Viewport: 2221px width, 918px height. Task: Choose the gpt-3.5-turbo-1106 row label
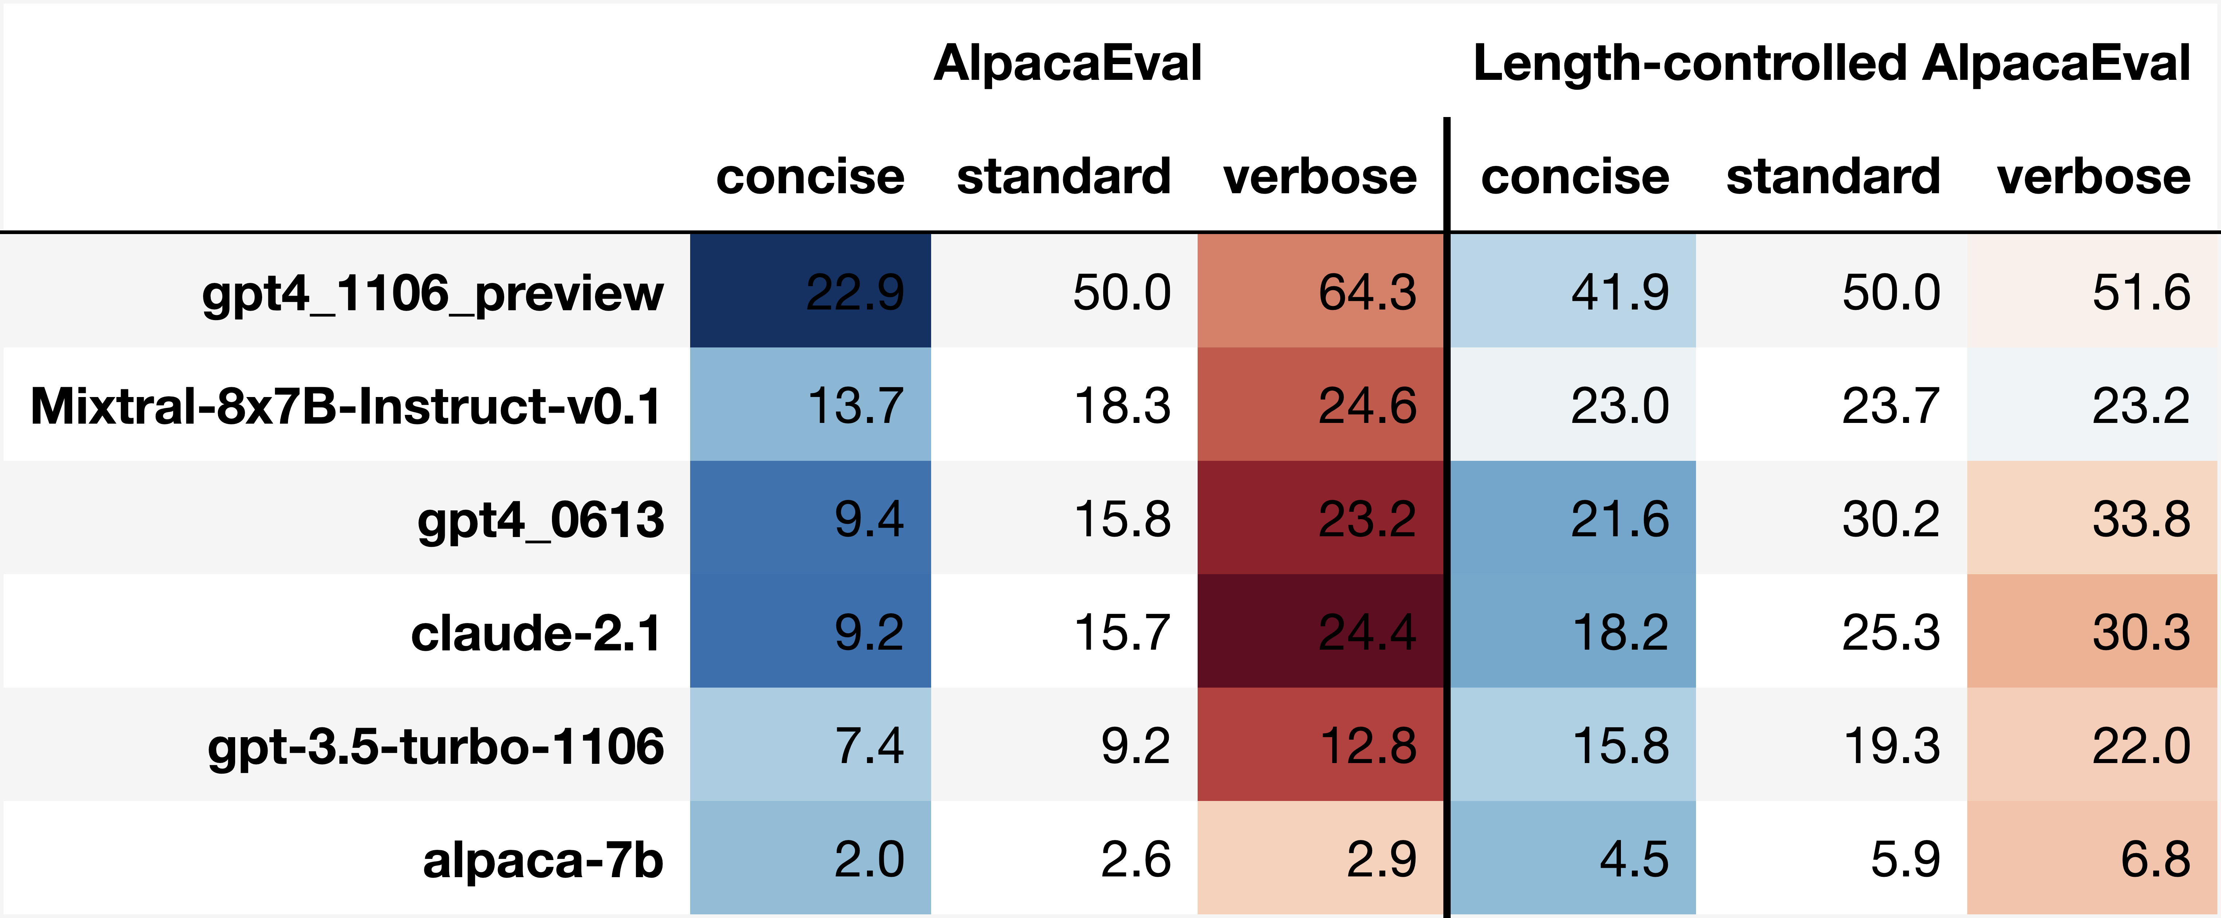(x=435, y=747)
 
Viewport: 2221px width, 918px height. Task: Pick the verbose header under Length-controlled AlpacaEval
(x=2093, y=177)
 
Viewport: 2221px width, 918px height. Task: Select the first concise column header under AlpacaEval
(x=810, y=177)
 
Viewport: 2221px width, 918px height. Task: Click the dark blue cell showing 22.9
(x=810, y=291)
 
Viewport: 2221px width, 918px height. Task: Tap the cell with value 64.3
(x=1321, y=291)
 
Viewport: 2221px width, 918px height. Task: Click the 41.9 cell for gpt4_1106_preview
(x=1574, y=291)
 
